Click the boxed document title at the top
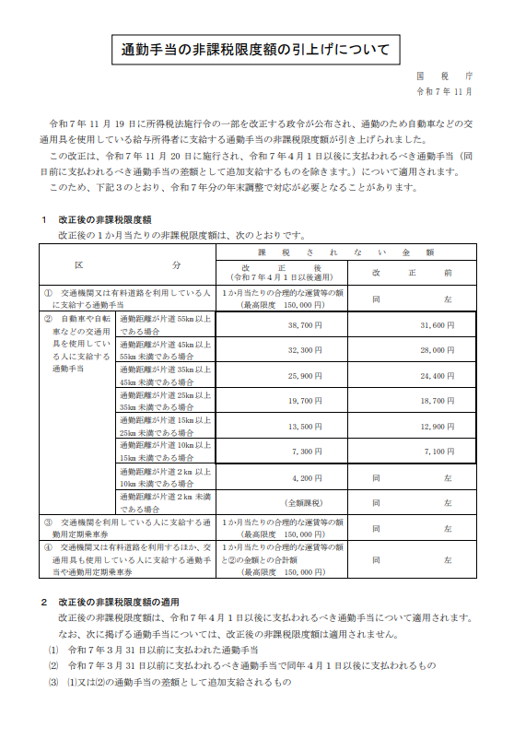[255, 49]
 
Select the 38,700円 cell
[305, 325]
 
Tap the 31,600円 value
[437, 325]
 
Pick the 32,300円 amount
[305, 350]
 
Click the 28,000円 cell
[437, 350]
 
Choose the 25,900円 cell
[305, 376]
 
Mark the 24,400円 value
[437, 376]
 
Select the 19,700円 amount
[305, 401]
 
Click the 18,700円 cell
[437, 401]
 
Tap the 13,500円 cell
[305, 427]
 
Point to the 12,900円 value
[437, 427]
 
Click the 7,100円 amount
[438, 452]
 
